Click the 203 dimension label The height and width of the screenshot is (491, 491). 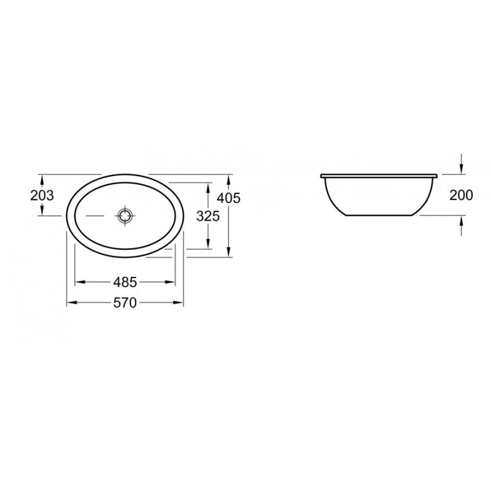tap(42, 195)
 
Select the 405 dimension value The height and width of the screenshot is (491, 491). tap(228, 198)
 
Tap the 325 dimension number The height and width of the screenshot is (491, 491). tap(208, 216)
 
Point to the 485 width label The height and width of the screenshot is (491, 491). tap(125, 282)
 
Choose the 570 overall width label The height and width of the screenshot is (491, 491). tap(125, 303)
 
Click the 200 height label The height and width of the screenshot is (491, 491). tap(461, 195)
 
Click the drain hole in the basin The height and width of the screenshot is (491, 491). tap(126, 216)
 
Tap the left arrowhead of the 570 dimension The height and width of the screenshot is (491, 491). tap(72, 303)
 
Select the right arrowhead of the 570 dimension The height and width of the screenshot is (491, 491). tap(178, 303)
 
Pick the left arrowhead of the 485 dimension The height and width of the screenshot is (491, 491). tap(80, 282)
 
